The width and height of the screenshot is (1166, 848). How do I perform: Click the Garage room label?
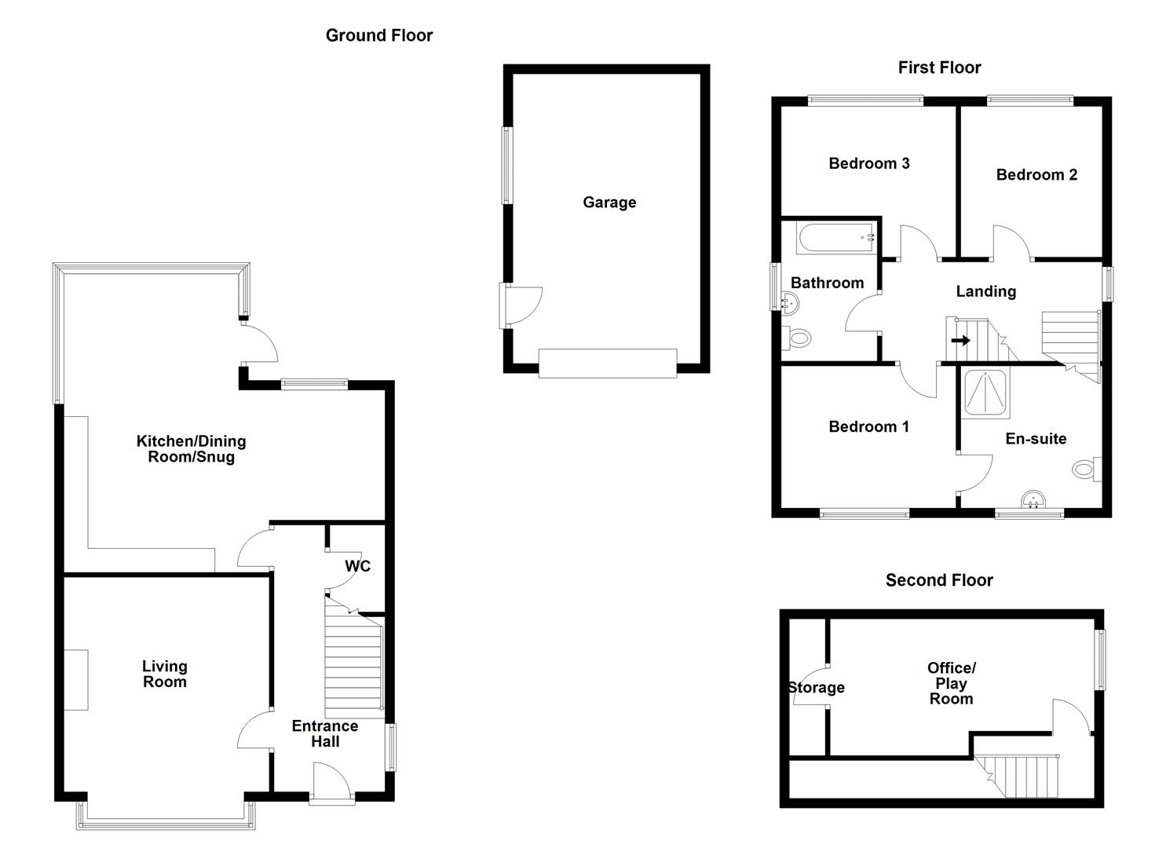(x=609, y=203)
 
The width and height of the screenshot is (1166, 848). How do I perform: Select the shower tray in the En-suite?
(x=986, y=393)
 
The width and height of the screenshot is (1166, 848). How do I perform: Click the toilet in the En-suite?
(x=1087, y=469)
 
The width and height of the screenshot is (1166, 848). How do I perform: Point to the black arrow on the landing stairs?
(x=961, y=341)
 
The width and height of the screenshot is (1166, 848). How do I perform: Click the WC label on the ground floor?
(x=357, y=566)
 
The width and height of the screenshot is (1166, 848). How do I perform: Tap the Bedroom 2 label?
(x=1036, y=175)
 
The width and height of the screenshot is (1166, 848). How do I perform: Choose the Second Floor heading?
(x=939, y=580)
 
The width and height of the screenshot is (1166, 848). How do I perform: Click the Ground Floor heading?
(x=379, y=35)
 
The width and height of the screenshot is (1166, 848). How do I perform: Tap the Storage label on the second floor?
(x=817, y=688)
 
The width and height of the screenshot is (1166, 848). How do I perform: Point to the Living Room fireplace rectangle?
(x=76, y=680)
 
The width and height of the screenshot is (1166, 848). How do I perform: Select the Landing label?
(x=986, y=291)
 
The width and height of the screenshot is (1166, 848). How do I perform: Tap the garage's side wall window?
(x=507, y=166)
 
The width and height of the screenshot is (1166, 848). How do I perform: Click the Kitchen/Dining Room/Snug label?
(x=191, y=448)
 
